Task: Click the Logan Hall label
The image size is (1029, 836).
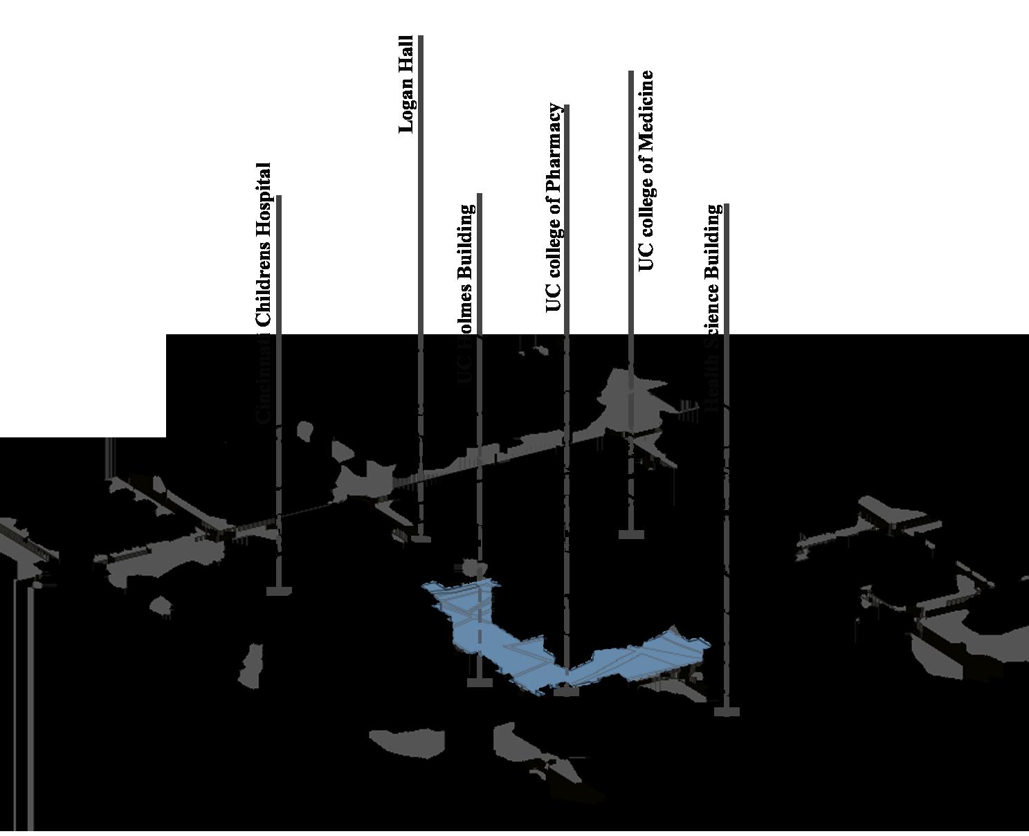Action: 406,84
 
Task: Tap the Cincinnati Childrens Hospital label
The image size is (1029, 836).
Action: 264,291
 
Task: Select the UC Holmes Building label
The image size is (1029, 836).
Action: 467,291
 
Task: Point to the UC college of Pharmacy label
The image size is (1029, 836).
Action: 554,208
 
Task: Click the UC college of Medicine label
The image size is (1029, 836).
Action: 646,170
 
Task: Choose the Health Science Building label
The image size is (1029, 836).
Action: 713,305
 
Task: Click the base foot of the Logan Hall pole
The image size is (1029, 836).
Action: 421,538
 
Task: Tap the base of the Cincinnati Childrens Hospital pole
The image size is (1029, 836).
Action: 279,590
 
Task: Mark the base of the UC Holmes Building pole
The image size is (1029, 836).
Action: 480,682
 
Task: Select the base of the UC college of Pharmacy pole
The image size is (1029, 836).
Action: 567,691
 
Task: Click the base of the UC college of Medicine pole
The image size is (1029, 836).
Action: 631,534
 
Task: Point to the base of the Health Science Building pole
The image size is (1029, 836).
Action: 727,711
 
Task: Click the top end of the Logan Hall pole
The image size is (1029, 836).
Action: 421,37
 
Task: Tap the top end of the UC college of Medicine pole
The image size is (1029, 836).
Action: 631,72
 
